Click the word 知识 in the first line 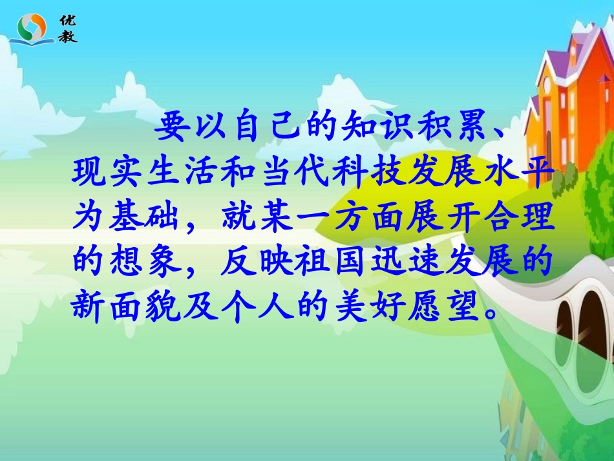384,127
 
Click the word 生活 192,173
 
